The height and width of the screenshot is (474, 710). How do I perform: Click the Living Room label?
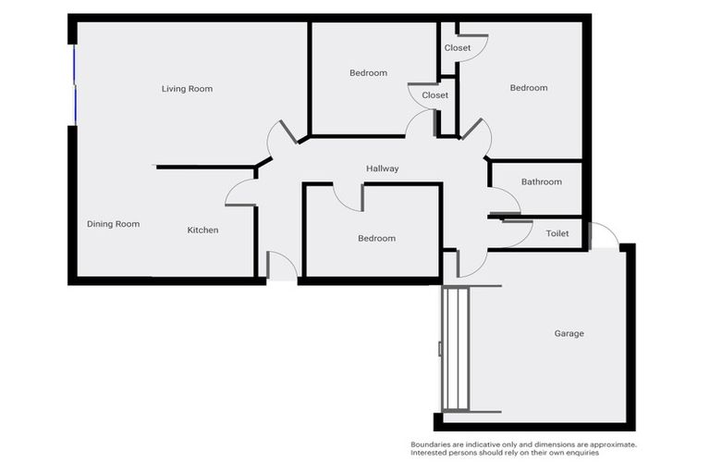tap(187, 89)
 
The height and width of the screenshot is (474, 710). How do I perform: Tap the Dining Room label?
tap(113, 224)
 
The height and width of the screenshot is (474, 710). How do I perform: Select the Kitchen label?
tap(202, 230)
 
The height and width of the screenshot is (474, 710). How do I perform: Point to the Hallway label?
tap(382, 168)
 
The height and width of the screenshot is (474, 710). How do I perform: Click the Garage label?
tap(569, 333)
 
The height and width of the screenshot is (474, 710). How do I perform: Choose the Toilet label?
tap(557, 234)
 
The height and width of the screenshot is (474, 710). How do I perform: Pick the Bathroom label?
tap(541, 181)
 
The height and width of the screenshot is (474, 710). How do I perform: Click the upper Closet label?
tap(457, 48)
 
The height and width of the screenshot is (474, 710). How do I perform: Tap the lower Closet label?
tap(435, 95)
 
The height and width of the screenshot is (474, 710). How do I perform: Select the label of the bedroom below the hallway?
tap(376, 238)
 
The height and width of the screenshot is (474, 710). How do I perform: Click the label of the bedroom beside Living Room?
tap(368, 72)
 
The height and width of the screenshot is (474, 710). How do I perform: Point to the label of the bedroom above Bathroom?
tap(529, 88)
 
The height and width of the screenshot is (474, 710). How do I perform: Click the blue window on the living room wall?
tap(74, 83)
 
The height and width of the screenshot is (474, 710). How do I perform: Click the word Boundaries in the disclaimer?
tap(432, 445)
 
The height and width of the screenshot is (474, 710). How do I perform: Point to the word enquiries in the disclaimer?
tap(581, 453)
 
